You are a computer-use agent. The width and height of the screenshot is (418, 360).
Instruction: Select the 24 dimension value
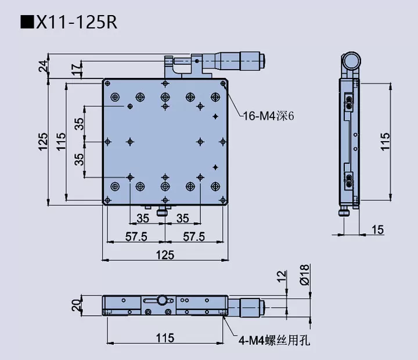click(44, 67)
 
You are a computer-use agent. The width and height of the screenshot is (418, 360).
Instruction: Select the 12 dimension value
click(281, 276)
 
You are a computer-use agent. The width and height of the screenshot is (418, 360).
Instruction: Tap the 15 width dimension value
click(377, 230)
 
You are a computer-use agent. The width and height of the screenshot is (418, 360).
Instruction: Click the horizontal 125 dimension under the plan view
click(165, 254)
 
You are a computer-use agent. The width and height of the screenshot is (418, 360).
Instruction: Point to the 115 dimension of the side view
click(385, 142)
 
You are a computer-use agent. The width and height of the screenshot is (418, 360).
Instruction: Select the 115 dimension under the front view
click(165, 336)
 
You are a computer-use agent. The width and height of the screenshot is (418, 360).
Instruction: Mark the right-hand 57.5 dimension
click(194, 236)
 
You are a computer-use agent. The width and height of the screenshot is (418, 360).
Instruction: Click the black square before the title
click(27, 23)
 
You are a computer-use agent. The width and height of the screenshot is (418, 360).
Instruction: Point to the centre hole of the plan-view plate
click(165, 142)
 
